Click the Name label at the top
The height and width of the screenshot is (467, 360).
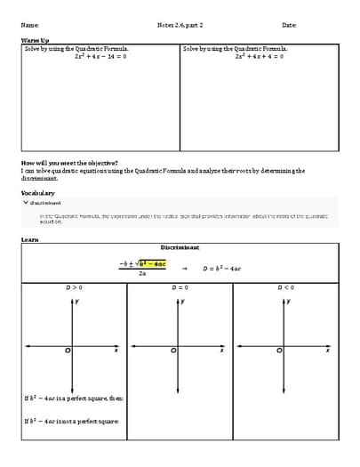[29, 25]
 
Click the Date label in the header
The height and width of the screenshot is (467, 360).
[289, 25]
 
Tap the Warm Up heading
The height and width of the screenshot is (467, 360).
[36, 41]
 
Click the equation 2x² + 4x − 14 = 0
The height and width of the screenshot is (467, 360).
[100, 56]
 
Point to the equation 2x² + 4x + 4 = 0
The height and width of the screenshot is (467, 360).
[260, 56]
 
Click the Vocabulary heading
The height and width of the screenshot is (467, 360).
[38, 192]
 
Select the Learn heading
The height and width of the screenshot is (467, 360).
[29, 238]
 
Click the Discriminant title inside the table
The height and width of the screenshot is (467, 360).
[180, 246]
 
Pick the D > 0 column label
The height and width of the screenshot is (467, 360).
[74, 287]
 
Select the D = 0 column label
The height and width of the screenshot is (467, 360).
[180, 287]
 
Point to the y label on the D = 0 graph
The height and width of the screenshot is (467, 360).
[184, 302]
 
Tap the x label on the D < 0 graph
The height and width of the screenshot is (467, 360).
[327, 351]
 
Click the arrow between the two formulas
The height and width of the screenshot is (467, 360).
[184, 268]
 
